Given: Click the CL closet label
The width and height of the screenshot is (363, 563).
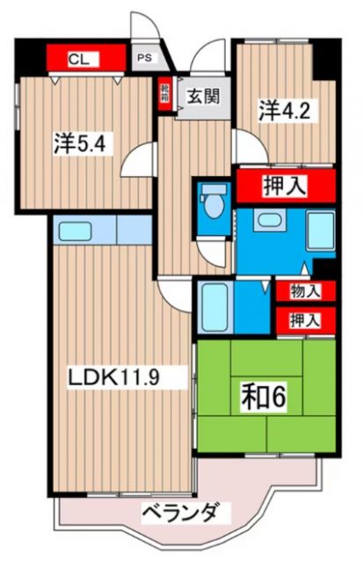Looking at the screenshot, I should click(80, 60).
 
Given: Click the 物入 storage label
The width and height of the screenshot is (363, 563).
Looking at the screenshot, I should click(305, 290).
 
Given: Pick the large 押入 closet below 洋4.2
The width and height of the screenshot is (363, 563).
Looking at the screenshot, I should click(285, 186).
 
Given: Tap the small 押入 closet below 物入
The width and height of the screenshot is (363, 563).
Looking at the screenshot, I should click(305, 320).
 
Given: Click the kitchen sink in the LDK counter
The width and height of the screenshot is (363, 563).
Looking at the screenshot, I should click(69, 233).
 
